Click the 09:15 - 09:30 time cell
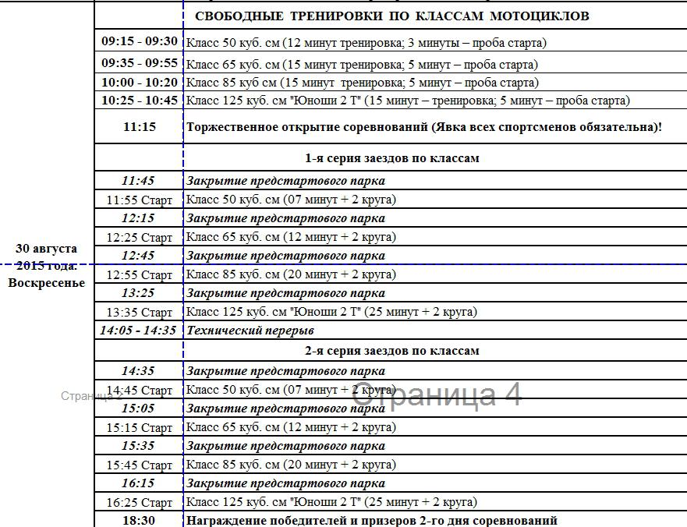[x=140, y=42]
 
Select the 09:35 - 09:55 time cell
[x=140, y=64]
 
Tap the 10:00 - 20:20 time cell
[x=140, y=82]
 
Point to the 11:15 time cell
[x=140, y=126]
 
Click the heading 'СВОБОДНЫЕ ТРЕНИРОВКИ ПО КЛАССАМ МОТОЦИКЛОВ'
[x=391, y=16]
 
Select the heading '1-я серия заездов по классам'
[x=391, y=158]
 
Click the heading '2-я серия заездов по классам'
[x=391, y=351]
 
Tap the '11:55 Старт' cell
[x=140, y=200]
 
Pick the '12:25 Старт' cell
[x=140, y=237]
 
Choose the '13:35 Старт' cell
[x=140, y=312]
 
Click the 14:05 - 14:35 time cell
[x=138, y=331]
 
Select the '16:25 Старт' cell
[x=140, y=503]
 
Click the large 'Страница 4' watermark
[x=437, y=394]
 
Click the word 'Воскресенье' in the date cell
[x=47, y=283]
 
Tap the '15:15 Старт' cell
[x=140, y=428]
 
